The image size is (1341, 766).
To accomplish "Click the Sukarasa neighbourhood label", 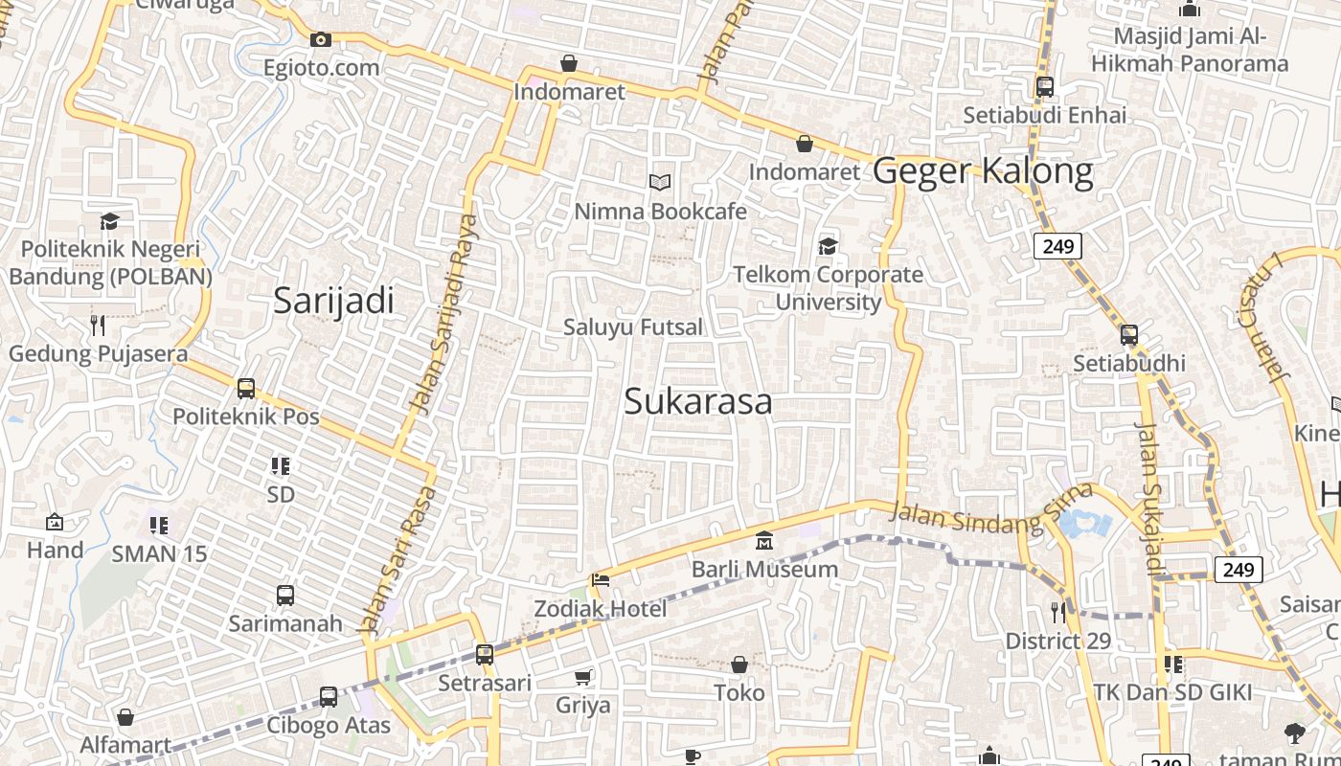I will [697, 401].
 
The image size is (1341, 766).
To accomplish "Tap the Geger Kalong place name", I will [983, 171].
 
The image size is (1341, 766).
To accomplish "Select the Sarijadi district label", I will [333, 301].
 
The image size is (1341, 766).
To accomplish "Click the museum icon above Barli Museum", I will [764, 542].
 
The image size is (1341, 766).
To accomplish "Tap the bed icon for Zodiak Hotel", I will [601, 580].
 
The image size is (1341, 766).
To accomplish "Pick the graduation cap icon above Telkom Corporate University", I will [828, 247].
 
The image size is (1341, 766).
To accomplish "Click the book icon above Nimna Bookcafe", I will [659, 182].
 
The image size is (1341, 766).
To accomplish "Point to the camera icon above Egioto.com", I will [321, 39].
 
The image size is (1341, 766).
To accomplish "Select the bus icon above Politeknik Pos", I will [246, 389].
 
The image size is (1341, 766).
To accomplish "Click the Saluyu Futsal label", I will [632, 327].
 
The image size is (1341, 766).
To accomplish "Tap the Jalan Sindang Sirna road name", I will [990, 510].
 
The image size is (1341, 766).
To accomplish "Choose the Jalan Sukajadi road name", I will [1148, 498].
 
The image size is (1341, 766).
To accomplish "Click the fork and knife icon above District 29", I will [1058, 612].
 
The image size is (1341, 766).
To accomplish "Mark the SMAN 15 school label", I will [159, 553].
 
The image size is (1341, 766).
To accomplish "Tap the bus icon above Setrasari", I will [485, 655].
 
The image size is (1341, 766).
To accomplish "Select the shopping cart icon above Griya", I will [583, 677].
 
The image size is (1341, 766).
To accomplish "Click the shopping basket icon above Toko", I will [739, 665].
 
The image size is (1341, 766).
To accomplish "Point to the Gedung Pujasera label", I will [98, 353].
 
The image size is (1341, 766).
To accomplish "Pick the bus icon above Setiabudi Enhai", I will [1045, 87].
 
